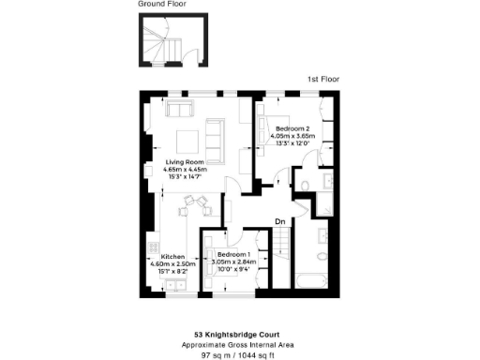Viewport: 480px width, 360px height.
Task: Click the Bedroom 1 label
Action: [232, 254]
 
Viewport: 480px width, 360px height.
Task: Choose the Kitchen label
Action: [173, 257]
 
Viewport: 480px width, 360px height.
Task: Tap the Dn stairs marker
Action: [279, 222]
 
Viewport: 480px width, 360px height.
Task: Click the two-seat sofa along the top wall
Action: [178, 108]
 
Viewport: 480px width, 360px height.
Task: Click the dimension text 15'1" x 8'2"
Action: [173, 271]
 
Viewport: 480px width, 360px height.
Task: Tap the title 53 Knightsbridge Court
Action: [239, 334]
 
